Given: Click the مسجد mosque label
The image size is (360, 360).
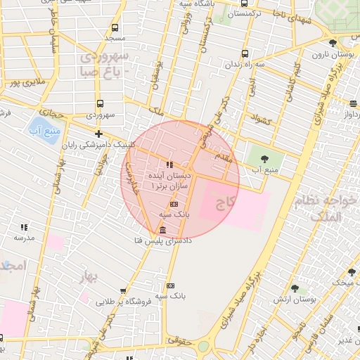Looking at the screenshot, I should coord(114,37).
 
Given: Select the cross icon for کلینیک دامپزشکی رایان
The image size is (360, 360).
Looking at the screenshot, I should coord(98,134).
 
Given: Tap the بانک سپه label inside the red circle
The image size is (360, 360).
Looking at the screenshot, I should coord(175,212).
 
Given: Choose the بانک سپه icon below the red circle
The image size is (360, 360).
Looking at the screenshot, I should coord(170,285).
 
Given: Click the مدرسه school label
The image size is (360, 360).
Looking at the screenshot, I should coord(24,238).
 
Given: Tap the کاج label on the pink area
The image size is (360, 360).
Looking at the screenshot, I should coord(224,205).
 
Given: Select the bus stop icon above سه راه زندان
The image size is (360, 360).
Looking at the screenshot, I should coord(244,53).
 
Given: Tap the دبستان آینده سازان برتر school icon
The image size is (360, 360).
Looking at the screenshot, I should coord(169,165).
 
